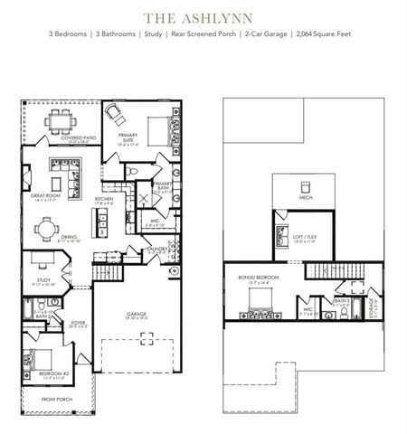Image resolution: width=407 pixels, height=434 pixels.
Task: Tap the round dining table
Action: (x=43, y=229)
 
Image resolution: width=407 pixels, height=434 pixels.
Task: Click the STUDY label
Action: (x=44, y=280)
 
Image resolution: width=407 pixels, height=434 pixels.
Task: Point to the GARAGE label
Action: (x=138, y=315)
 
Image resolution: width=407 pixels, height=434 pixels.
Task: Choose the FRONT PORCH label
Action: (x=57, y=398)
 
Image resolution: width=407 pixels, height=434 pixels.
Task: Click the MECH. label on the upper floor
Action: (x=306, y=198)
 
